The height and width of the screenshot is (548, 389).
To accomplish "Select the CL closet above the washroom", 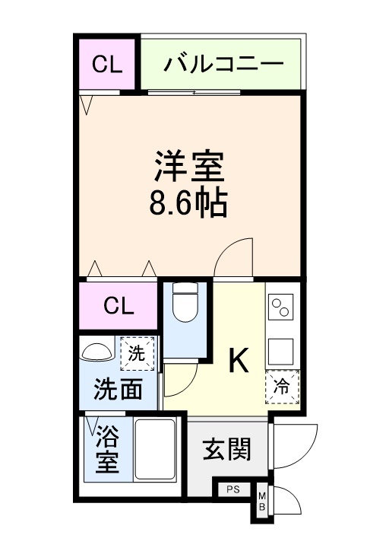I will (119, 306).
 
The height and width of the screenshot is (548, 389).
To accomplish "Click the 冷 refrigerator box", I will (282, 387).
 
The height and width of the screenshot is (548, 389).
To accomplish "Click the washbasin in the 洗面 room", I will (96, 352).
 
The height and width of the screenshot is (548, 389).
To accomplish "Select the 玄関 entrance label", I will (226, 450).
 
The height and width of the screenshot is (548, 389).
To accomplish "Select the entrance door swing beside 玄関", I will (293, 445).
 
